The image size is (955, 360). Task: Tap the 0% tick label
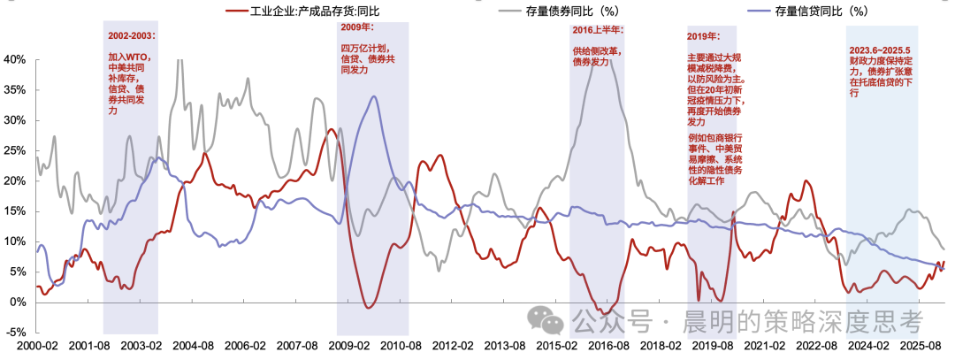pos(19,303)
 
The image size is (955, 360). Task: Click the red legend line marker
pos(236,11)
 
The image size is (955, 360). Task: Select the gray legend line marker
pos(508,11)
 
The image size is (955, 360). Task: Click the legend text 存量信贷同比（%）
pos(821,11)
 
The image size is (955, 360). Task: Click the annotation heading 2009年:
pos(357,27)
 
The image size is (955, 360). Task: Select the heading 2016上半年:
pos(598,29)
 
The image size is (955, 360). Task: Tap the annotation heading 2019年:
pos(703,36)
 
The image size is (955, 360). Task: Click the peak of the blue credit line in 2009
pos(373,96)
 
